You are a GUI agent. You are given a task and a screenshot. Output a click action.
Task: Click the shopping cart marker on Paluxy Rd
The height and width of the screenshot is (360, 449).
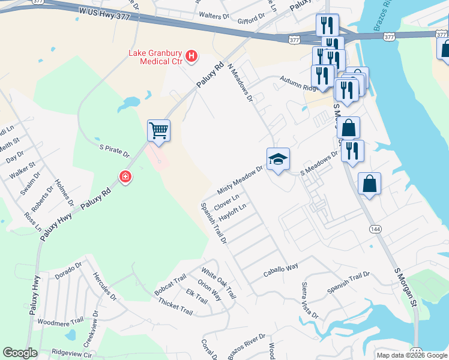pyautogui.click(x=158, y=130)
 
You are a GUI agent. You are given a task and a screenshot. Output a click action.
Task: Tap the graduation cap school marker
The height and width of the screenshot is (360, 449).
pyautogui.click(x=278, y=159)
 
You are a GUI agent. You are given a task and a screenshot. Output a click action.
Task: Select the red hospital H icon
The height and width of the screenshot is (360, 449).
pyautogui.click(x=191, y=57)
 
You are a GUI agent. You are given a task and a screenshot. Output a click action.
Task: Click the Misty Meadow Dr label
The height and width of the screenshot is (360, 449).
pyautogui.click(x=240, y=179)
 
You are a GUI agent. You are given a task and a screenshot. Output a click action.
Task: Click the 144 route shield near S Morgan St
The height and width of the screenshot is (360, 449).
pyautogui.click(x=375, y=230)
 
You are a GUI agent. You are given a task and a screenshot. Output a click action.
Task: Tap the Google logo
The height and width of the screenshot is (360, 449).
pyautogui.click(x=20, y=353)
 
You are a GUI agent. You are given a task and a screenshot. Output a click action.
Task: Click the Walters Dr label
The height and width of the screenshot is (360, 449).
pyautogui.click(x=218, y=15)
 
